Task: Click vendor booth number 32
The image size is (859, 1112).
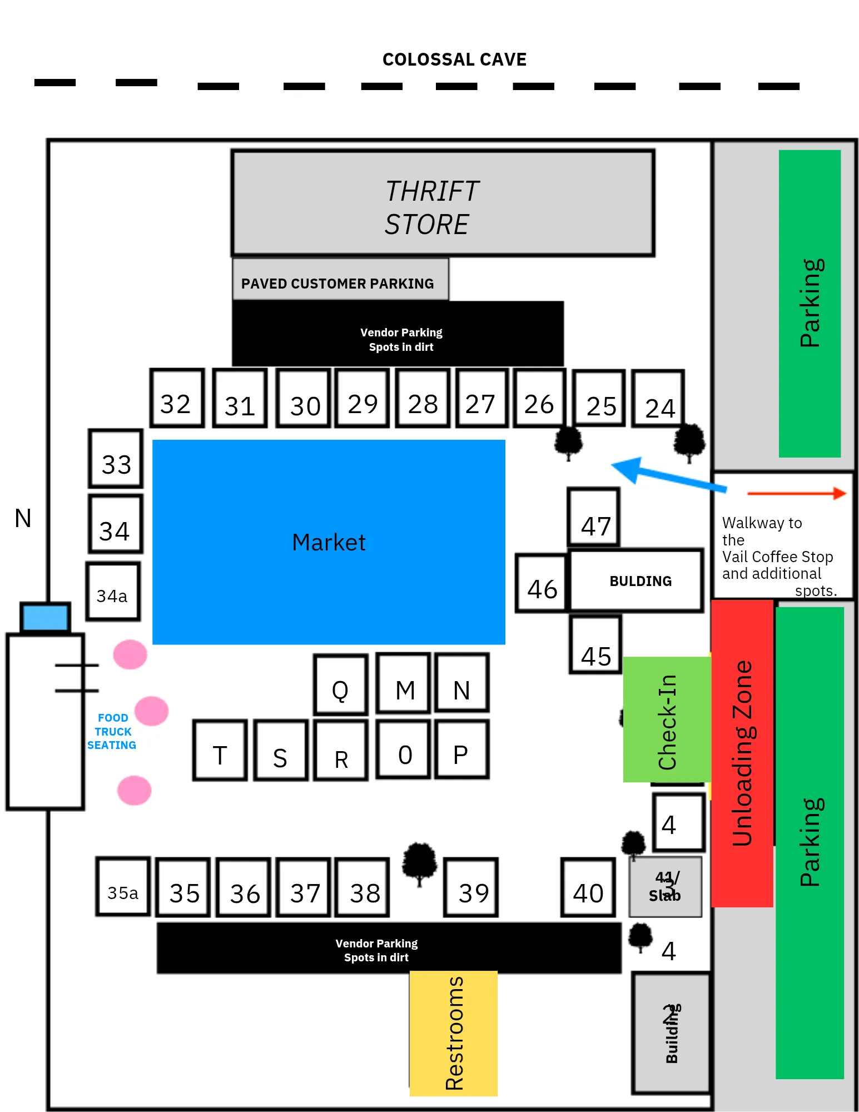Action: [177, 398]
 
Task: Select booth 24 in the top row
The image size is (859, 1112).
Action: [658, 399]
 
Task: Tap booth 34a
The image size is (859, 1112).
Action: [113, 592]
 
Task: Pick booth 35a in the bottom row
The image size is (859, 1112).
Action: [123, 887]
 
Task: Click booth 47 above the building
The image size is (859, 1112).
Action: [594, 518]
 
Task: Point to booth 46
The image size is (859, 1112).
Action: [541, 584]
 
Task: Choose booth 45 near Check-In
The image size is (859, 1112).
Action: [595, 646]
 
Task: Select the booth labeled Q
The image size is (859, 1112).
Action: [340, 684]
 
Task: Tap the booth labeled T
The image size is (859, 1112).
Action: [220, 751]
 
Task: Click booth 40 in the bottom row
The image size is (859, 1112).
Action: [588, 888]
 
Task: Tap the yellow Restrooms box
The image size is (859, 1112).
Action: [454, 1034]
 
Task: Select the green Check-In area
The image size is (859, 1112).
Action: [667, 719]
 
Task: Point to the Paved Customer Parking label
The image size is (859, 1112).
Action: [337, 284]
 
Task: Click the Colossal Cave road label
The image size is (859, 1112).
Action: [454, 59]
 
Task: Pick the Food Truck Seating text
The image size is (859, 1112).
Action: [112, 732]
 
